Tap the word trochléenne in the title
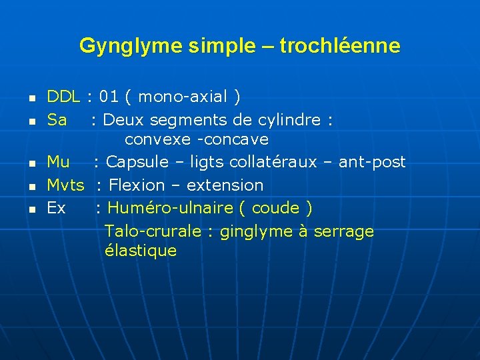click(x=340, y=46)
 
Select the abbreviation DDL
click(x=63, y=97)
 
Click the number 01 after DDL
click(x=109, y=97)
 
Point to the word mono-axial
click(x=183, y=97)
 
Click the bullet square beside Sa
click(x=31, y=121)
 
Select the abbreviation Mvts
click(x=65, y=185)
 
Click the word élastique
click(x=141, y=251)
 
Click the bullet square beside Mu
click(x=31, y=163)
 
